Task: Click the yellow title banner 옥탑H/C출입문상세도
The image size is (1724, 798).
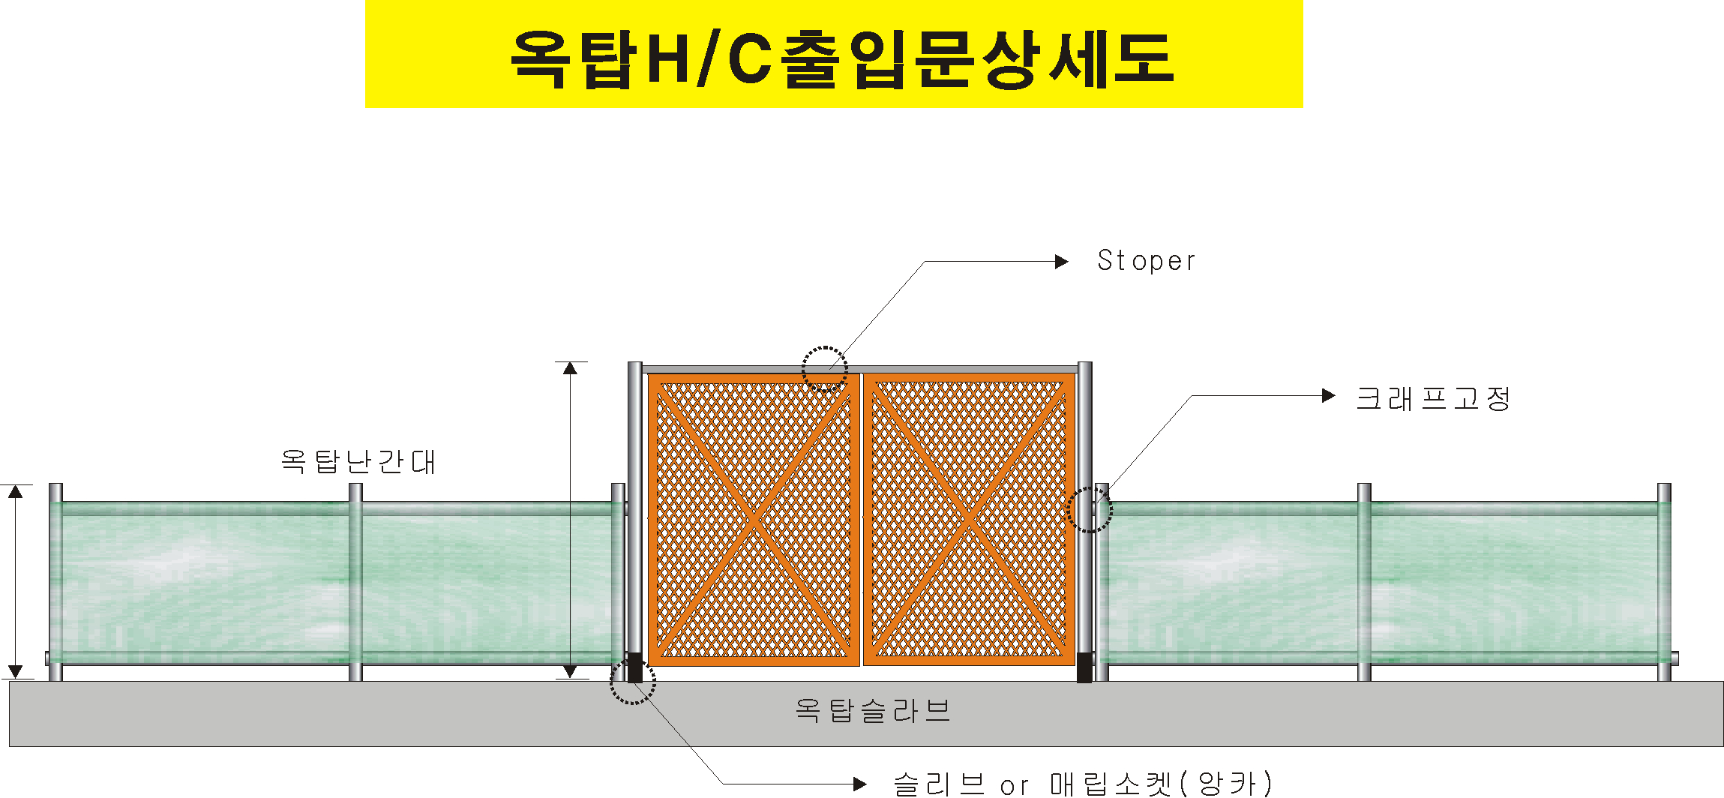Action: (x=834, y=54)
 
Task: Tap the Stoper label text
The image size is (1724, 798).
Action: (x=1146, y=261)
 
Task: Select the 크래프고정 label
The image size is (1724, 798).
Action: (x=1432, y=398)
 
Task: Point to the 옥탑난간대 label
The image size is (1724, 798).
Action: (x=358, y=461)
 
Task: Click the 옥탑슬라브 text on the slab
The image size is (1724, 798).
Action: (x=873, y=710)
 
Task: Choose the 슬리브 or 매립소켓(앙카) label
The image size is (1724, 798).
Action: (x=1082, y=784)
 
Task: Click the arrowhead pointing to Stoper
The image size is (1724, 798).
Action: (x=1061, y=262)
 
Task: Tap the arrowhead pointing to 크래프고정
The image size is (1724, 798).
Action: (x=1328, y=395)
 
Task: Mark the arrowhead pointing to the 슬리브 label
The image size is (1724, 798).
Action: (x=860, y=784)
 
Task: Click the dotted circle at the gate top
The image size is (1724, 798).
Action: (x=825, y=369)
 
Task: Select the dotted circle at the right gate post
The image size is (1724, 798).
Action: (x=1090, y=510)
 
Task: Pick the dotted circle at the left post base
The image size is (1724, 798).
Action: (x=632, y=682)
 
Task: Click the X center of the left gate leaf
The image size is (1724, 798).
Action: (x=754, y=519)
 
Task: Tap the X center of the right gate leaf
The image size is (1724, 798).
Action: (x=969, y=519)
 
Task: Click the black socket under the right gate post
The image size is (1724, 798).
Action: (x=1084, y=667)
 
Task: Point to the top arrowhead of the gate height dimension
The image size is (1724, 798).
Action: (x=571, y=367)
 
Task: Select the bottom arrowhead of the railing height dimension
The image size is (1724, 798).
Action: (x=16, y=672)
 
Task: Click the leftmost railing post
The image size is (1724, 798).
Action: (x=55, y=582)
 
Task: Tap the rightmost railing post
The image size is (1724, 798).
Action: (x=1664, y=582)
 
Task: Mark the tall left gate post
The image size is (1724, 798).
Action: (x=634, y=510)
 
